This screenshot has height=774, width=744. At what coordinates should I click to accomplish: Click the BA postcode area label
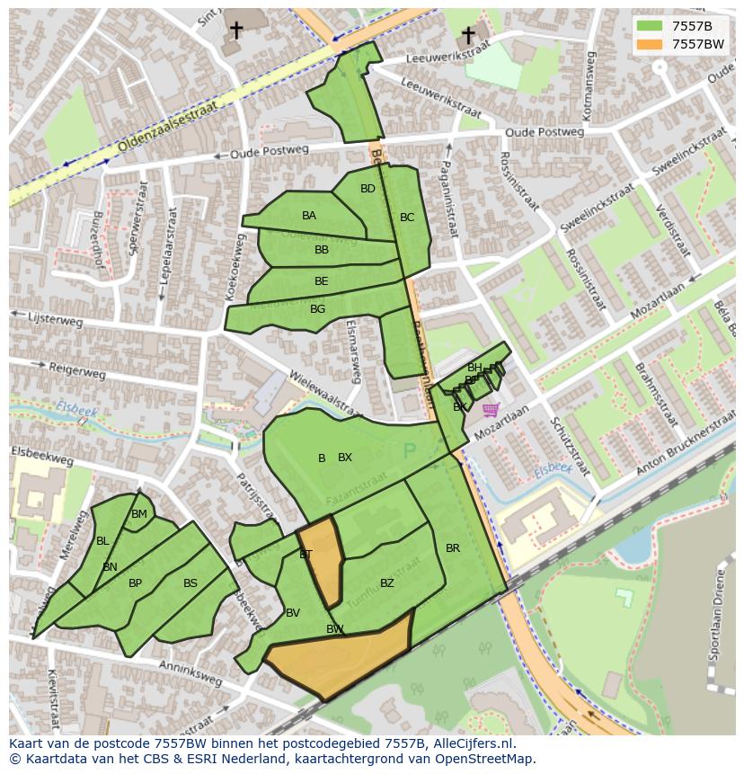tap(309, 216)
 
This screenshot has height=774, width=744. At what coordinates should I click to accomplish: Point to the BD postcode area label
tap(368, 189)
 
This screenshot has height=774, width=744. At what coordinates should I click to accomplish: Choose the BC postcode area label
tap(407, 218)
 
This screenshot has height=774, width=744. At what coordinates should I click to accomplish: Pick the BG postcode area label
tap(317, 309)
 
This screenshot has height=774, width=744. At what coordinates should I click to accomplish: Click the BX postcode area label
tap(345, 458)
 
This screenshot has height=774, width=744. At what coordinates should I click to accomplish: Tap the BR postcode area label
tap(453, 548)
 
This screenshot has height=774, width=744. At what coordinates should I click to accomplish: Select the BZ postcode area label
tap(387, 583)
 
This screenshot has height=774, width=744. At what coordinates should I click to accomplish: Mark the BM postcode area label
tap(139, 514)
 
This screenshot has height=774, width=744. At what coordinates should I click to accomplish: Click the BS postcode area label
tap(190, 583)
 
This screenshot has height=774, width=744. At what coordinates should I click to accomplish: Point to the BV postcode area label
tap(293, 613)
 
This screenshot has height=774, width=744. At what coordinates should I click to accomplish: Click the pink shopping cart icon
tap(490, 410)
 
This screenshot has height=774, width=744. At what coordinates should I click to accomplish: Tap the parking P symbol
tap(411, 450)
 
